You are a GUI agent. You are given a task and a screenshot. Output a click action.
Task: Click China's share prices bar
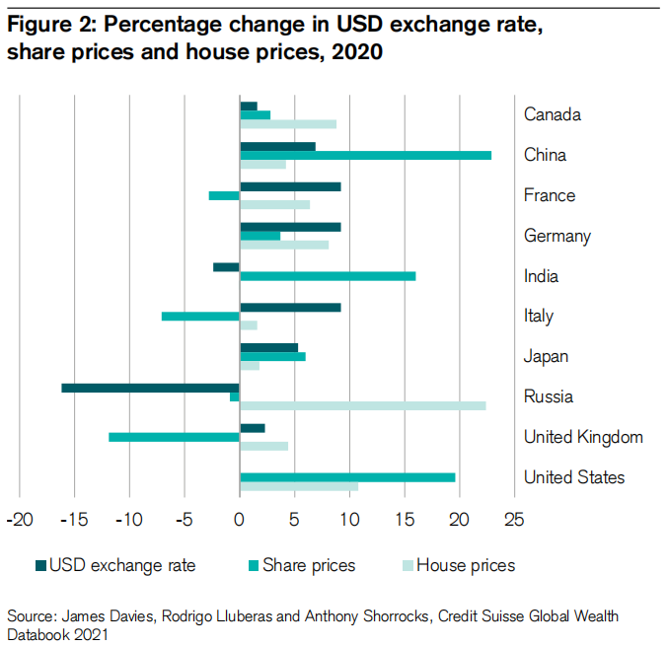tap(365, 155)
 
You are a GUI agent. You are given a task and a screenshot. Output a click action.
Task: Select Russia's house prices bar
tap(363, 405)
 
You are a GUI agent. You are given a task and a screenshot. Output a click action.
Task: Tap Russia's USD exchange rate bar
tap(151, 388)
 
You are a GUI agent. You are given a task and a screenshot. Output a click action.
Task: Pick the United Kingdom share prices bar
tap(175, 437)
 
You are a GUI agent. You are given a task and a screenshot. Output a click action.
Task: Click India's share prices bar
tap(328, 276)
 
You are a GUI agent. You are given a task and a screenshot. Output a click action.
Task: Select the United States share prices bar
tap(347, 477)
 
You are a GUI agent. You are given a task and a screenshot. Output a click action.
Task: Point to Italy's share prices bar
tap(201, 317)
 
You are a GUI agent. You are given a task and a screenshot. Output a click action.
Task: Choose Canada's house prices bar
tap(288, 124)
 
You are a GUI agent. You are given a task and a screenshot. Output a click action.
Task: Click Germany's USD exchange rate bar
tap(290, 227)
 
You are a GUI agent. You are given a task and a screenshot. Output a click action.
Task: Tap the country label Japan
tap(546, 356)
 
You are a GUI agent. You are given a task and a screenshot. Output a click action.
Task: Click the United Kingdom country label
tap(583, 437)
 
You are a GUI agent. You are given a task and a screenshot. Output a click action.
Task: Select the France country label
tap(550, 195)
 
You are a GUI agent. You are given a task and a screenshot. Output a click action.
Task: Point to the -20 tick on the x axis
tap(19, 519)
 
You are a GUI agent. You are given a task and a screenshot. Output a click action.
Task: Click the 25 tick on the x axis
tap(513, 519)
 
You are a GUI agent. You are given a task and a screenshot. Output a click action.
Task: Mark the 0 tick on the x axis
tap(240, 519)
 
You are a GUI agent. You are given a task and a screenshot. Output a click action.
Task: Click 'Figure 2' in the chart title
tap(50, 29)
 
